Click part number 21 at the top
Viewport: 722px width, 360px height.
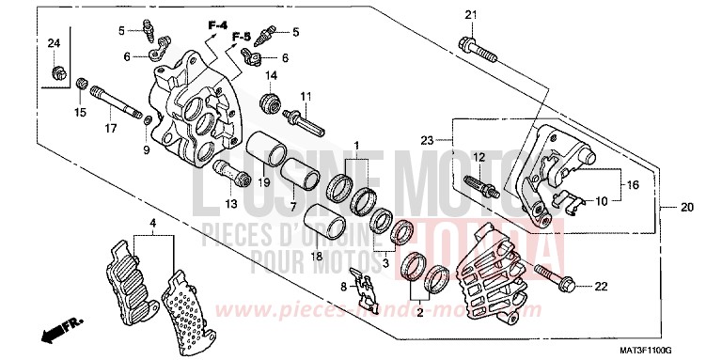pyautogui.click(x=471, y=12)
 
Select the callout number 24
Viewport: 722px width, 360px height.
pyautogui.click(x=54, y=44)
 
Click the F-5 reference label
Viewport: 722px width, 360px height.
pyautogui.click(x=241, y=37)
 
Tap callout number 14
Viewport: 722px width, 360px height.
pyautogui.click(x=270, y=75)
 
